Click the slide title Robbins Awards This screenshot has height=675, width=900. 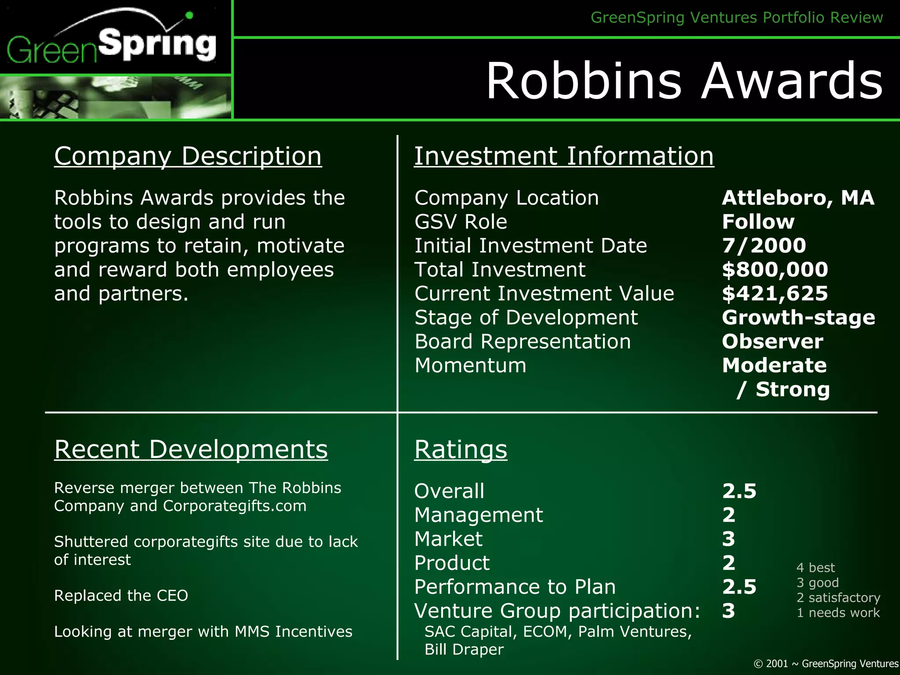[684, 81]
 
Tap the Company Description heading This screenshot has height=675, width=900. [188, 156]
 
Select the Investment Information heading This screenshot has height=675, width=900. [564, 156]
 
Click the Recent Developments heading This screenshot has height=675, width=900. [191, 450]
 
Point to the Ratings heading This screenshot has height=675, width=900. [461, 450]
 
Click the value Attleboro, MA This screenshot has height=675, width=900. [798, 198]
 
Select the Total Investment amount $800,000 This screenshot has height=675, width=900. [775, 269]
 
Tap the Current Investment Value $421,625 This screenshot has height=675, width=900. [775, 294]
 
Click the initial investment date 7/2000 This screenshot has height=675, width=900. [764, 246]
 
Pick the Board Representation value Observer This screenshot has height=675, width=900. [772, 341]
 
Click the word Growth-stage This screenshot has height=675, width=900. [798, 317]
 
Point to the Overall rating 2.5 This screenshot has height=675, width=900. [739, 491]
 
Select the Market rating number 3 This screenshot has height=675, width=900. [728, 539]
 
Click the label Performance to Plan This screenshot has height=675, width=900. [515, 587]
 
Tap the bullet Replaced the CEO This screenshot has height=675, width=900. [121, 595]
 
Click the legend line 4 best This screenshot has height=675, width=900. [815, 568]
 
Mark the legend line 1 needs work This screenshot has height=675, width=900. [838, 613]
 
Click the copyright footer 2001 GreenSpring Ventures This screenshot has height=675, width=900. [826, 664]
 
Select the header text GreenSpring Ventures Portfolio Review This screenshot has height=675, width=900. [737, 18]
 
